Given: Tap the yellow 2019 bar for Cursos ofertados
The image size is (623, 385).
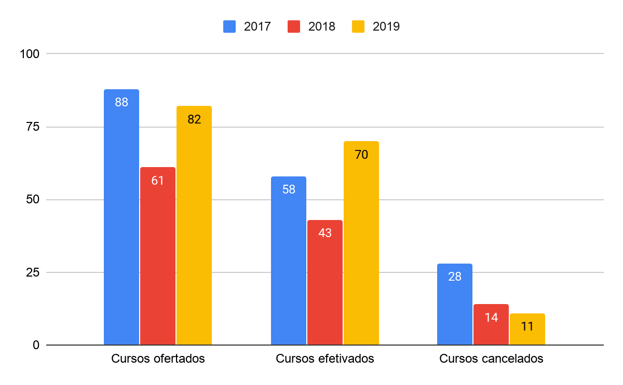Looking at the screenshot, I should pyautogui.click(x=194, y=225).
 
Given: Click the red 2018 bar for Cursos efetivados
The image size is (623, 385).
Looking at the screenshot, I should pyautogui.click(x=325, y=282).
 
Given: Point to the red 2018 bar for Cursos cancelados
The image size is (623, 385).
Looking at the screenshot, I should pyautogui.click(x=491, y=324).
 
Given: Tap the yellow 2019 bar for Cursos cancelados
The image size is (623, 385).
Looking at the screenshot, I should pyautogui.click(x=527, y=329).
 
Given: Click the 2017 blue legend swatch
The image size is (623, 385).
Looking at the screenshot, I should pyautogui.click(x=229, y=26).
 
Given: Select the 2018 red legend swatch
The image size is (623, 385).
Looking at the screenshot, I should pyautogui.click(x=294, y=26).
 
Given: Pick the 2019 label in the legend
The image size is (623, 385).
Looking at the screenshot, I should pyautogui.click(x=386, y=26).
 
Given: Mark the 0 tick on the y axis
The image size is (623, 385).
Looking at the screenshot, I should pyautogui.click(x=36, y=345).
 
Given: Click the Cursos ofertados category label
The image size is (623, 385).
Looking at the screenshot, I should pyautogui.click(x=158, y=359).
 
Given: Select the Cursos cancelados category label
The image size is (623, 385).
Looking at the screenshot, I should pyautogui.click(x=491, y=359).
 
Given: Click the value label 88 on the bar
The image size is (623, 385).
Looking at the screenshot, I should pyautogui.click(x=121, y=102).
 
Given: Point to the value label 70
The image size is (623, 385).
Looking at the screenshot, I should pyautogui.click(x=361, y=154).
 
